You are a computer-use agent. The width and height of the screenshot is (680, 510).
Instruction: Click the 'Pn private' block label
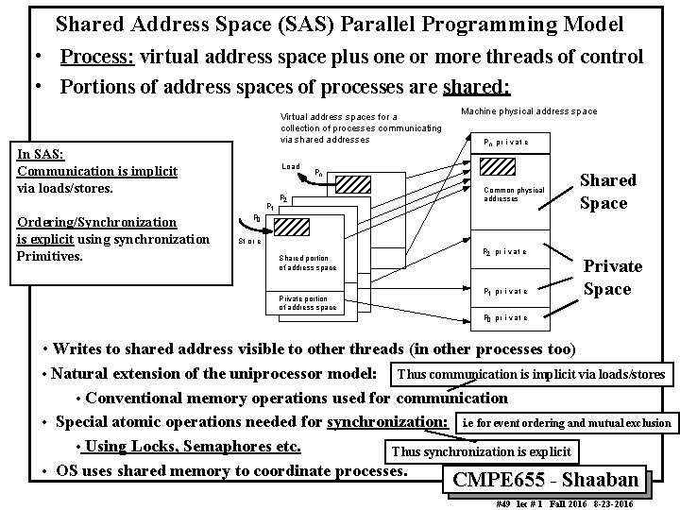pyautogui.click(x=505, y=143)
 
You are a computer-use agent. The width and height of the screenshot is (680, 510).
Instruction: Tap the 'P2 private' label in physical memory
pyautogui.click(x=505, y=252)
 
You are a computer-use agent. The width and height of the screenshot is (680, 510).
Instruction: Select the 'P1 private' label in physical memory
pyautogui.click(x=505, y=291)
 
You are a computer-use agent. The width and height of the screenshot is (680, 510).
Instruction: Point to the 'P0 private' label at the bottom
pyautogui.click(x=505, y=317)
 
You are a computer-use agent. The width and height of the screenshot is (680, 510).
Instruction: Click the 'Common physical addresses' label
pyautogui.click(x=514, y=195)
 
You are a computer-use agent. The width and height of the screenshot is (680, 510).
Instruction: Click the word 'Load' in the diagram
pyautogui.click(x=291, y=166)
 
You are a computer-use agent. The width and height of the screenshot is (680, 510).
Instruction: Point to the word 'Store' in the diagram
pyautogui.click(x=249, y=242)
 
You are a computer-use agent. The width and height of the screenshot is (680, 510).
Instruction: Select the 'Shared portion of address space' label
pyautogui.click(x=307, y=263)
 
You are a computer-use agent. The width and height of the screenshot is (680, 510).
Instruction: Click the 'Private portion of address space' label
pyautogui.click(x=307, y=302)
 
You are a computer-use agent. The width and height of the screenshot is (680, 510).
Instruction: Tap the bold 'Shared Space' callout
pyautogui.click(x=607, y=191)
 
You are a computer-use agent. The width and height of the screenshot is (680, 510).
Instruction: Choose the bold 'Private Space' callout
pyautogui.click(x=613, y=278)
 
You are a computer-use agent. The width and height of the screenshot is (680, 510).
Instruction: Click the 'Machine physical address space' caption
pyautogui.click(x=529, y=111)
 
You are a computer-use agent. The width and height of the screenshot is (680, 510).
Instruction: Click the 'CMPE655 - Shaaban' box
pyautogui.click(x=545, y=479)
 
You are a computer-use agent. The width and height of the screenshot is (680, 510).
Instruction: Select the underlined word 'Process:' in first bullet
pyautogui.click(x=97, y=57)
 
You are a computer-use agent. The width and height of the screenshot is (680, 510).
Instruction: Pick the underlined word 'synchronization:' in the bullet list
pyautogui.click(x=386, y=421)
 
